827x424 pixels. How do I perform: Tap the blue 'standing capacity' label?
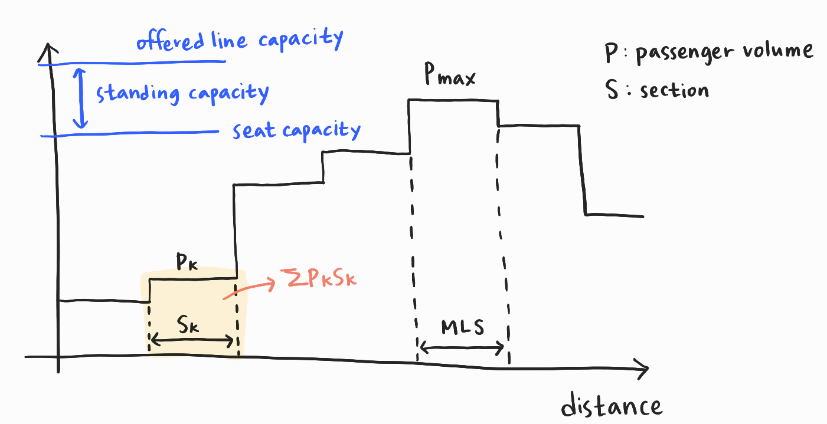[x=182, y=93]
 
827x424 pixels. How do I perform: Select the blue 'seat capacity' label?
[x=296, y=129]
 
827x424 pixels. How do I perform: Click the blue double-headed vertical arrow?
[x=82, y=97]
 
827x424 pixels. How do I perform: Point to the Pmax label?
[x=450, y=77]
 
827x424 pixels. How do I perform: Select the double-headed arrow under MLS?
[x=461, y=347]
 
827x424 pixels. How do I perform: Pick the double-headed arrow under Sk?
[x=192, y=340]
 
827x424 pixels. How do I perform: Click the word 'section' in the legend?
[x=674, y=90]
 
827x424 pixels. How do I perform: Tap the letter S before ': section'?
[x=612, y=90]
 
